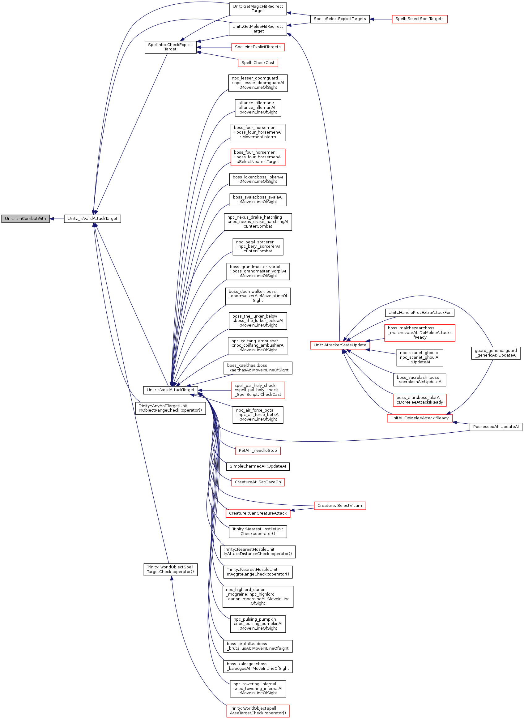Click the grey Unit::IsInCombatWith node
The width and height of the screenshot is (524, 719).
click(x=25, y=219)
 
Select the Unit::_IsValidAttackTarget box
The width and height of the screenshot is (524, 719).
click(x=92, y=219)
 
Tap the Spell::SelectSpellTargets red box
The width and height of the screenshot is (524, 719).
click(x=419, y=19)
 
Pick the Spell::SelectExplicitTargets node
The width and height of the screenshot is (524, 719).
click(x=340, y=19)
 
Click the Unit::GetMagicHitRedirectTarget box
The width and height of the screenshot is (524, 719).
click(x=258, y=9)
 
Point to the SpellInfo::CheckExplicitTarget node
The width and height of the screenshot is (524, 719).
click(x=170, y=47)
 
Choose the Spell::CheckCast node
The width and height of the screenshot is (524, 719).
click(x=258, y=63)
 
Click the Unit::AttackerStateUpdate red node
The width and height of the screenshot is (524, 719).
click(x=340, y=345)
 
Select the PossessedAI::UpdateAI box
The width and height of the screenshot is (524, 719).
click(x=496, y=427)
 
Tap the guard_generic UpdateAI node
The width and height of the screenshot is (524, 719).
click(x=496, y=353)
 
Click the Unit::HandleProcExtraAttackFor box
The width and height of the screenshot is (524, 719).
click(x=419, y=313)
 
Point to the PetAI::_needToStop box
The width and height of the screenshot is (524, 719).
click(x=258, y=451)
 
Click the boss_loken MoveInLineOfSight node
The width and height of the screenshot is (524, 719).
click(x=258, y=179)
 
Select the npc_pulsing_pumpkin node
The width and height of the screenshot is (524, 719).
click(x=258, y=624)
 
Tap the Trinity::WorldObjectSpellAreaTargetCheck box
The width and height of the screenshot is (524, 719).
click(x=258, y=711)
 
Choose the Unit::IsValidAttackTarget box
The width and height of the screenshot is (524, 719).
click(x=170, y=390)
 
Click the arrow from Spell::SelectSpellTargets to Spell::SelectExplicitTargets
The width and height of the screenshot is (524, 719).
click(x=381, y=19)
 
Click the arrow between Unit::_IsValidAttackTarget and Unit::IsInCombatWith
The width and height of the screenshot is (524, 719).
click(x=57, y=219)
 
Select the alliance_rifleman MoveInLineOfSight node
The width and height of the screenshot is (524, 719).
click(x=258, y=108)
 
